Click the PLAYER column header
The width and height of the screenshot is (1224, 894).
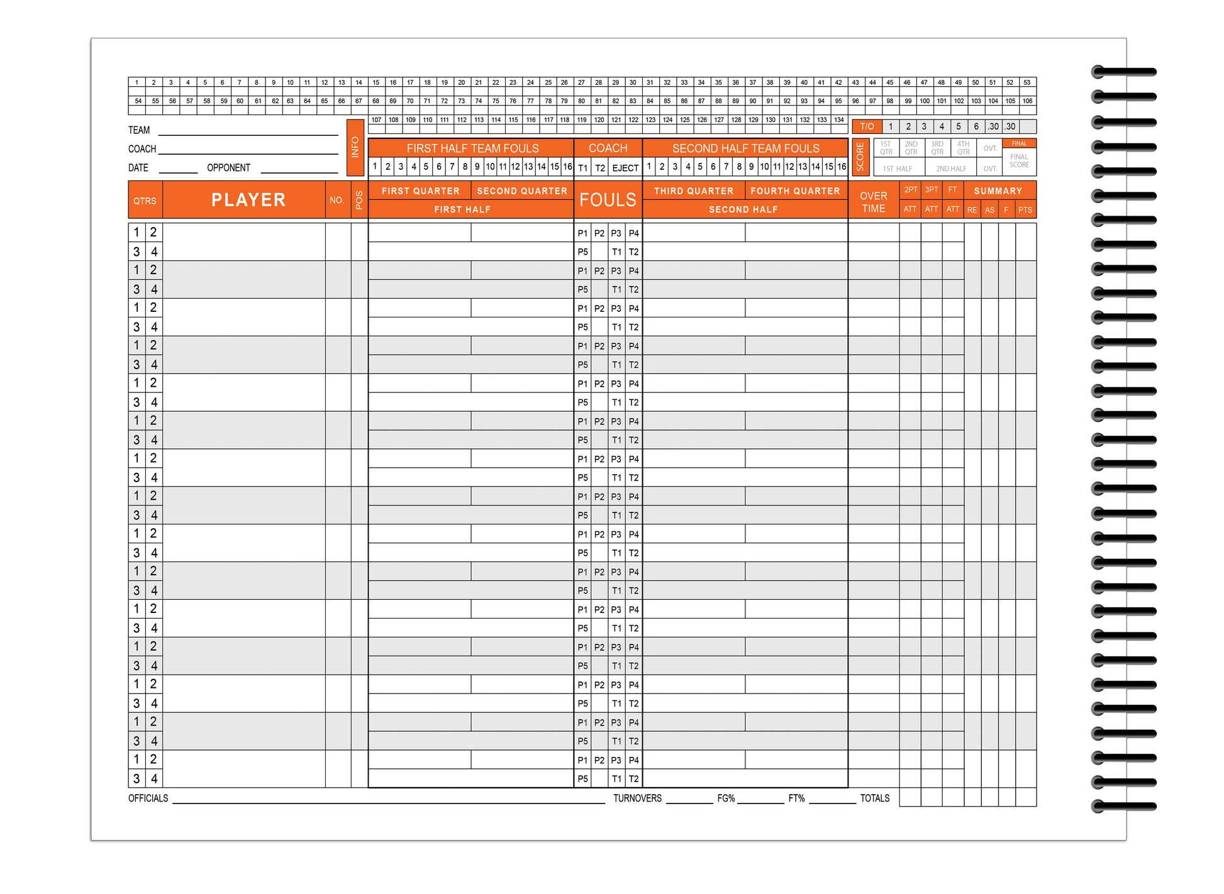click(x=248, y=200)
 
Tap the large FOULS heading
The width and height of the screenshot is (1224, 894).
click(x=608, y=200)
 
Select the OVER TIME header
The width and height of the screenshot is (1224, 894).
click(x=873, y=202)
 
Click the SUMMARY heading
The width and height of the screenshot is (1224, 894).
click(x=998, y=190)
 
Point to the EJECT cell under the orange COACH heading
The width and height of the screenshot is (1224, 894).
click(x=625, y=168)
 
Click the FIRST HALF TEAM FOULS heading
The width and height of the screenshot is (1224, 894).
click(x=472, y=148)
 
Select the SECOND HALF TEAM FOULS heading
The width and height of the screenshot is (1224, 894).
click(x=745, y=148)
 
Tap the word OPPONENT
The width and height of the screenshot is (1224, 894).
click(x=228, y=168)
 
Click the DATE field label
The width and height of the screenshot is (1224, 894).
click(x=138, y=168)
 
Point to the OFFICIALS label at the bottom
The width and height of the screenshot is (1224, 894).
click(x=148, y=798)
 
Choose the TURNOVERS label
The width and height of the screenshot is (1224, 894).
click(x=637, y=798)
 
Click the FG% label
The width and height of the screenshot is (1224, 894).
click(x=726, y=798)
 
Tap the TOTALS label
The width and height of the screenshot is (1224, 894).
click(x=874, y=798)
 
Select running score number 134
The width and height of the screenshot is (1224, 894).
click(x=839, y=119)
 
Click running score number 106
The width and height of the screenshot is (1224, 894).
click(x=1027, y=101)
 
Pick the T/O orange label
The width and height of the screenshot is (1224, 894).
click(x=867, y=126)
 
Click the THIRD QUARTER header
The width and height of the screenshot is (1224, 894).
click(x=693, y=190)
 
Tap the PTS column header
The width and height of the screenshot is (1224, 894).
click(x=1025, y=210)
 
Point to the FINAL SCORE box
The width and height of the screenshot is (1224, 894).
click(x=1019, y=160)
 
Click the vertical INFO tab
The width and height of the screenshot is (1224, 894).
click(x=355, y=147)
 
